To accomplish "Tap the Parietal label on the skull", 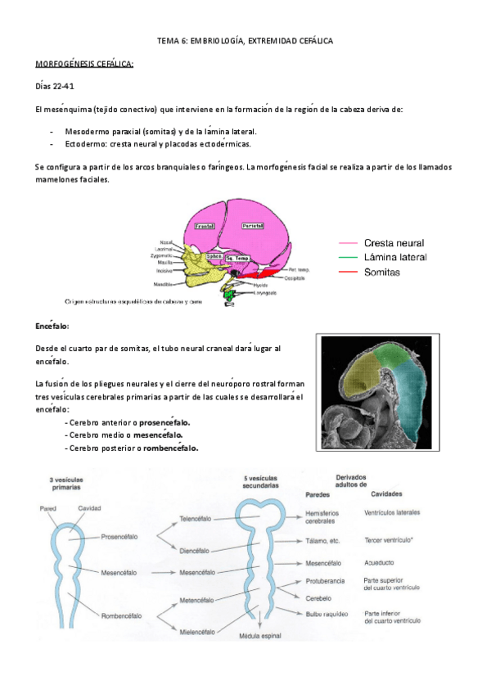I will coord(253,225).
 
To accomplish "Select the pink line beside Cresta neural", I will coord(349,243).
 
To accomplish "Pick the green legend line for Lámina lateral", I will coord(349,258).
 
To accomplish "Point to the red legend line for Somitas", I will coord(349,273).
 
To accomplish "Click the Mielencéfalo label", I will coord(197,631).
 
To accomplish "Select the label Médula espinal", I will coord(260,636).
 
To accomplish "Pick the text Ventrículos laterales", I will coord(391,513).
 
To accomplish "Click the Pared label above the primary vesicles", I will coord(47,507).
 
